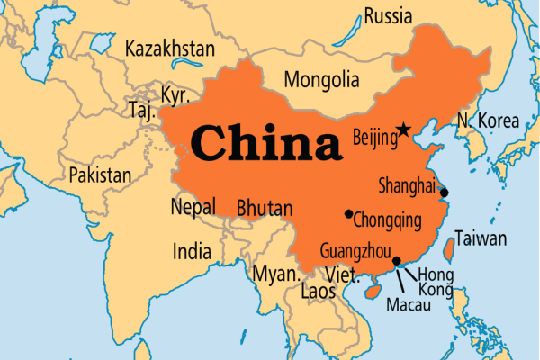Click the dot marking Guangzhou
(397, 261)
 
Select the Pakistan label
(100, 174)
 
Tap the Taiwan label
(481, 238)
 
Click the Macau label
(408, 305)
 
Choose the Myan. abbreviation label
(274, 273)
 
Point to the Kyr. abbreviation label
(174, 95)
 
